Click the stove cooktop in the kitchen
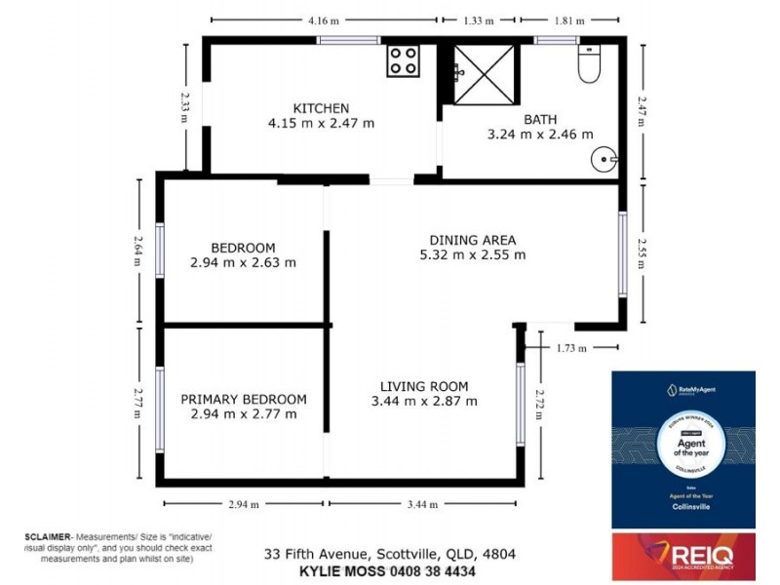tap(403, 61)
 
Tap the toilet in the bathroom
tap(589, 65)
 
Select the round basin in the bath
tap(605, 157)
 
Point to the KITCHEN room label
tap(322, 108)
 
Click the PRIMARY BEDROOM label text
tap(243, 399)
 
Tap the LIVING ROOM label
tap(424, 385)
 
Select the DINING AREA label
tap(473, 240)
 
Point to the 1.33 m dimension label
tap(478, 19)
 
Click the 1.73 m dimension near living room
tap(571, 346)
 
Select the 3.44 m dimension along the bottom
tap(422, 504)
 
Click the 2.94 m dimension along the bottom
tap(245, 504)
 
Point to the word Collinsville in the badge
tap(682, 512)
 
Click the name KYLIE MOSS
tap(338, 570)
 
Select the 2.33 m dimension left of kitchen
tap(185, 106)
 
